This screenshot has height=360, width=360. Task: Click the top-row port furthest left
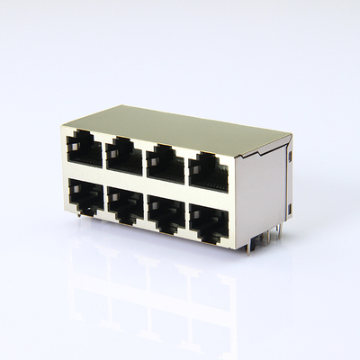coord(84,148)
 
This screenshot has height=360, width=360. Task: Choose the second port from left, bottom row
coord(125,205)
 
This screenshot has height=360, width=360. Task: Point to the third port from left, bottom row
coord(166,214)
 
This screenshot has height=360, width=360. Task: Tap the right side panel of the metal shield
coord(263,193)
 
